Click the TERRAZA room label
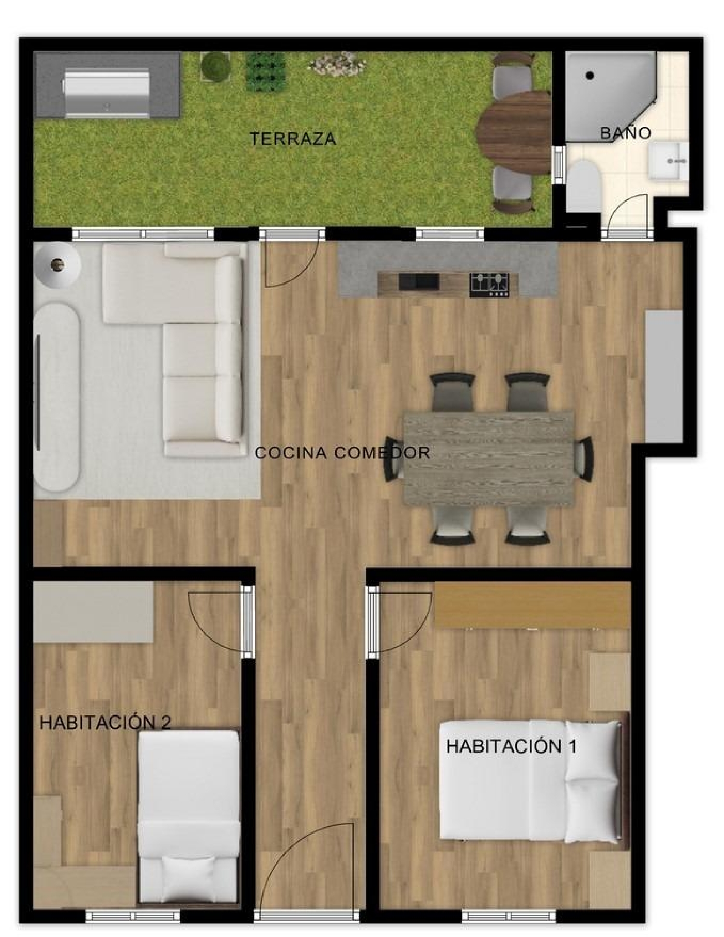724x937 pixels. pos(292,138)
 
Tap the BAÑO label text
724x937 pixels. pos(626,133)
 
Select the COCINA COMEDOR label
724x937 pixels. pos(342,453)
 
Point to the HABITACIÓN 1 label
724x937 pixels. pos(511,746)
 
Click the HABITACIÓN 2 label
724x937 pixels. pos(105,722)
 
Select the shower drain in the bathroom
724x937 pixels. pos(589,75)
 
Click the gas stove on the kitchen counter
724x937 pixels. pos(489,284)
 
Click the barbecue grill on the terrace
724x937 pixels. pos(107,93)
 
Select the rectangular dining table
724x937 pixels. pos(488,459)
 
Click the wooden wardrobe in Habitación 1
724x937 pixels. pos(533,605)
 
